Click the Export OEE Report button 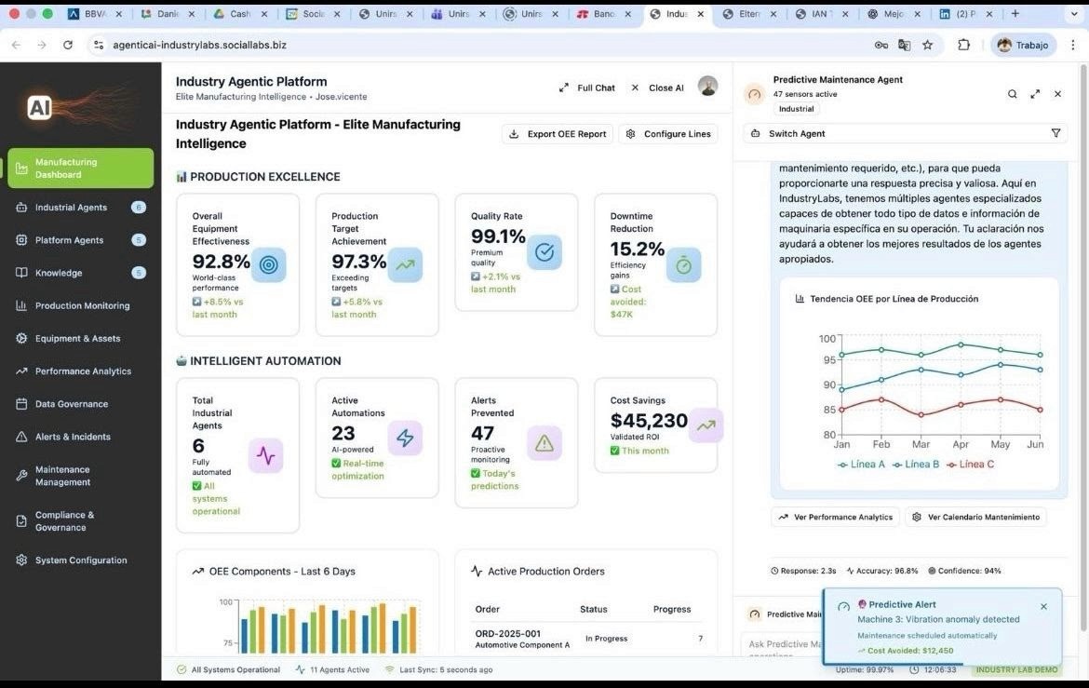pos(558,134)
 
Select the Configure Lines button pos(669,134)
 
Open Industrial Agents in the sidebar pos(71,208)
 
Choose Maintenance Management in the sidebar pos(62,476)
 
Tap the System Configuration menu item pos(81,560)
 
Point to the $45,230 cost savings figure pos(649,421)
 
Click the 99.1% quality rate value pos(498,236)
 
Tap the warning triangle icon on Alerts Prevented pos(544,444)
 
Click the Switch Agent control pos(797,134)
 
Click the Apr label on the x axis pos(961,445)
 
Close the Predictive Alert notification pos(1043,606)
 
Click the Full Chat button pos(587,88)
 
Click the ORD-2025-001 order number pos(507,633)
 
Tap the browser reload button pos(68,45)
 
